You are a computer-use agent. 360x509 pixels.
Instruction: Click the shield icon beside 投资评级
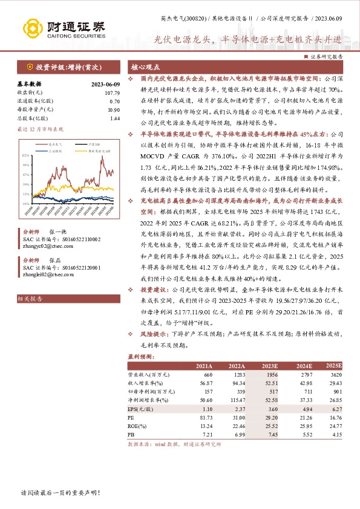tap(29, 66)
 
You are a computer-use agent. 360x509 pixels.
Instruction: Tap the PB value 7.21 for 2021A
tap(206, 434)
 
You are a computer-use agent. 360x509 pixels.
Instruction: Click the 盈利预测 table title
tap(140, 357)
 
